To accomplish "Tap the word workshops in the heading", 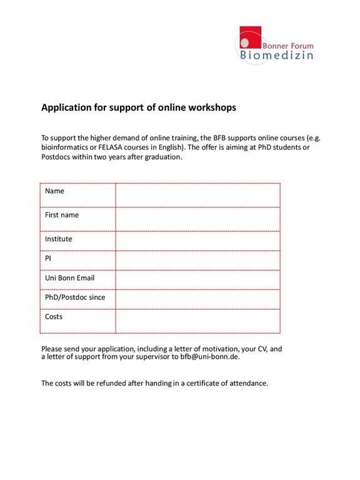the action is tap(212, 107).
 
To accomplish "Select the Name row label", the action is tap(54, 191).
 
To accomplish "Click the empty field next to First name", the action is tap(197, 219).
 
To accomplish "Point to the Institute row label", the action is tap(58, 239).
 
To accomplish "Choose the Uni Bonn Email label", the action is tap(69, 278).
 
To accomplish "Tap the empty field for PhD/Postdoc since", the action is tap(197, 299).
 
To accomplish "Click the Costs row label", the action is tap(54, 317).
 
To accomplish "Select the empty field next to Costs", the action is tap(197, 321).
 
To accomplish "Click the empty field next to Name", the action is tap(197, 194).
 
